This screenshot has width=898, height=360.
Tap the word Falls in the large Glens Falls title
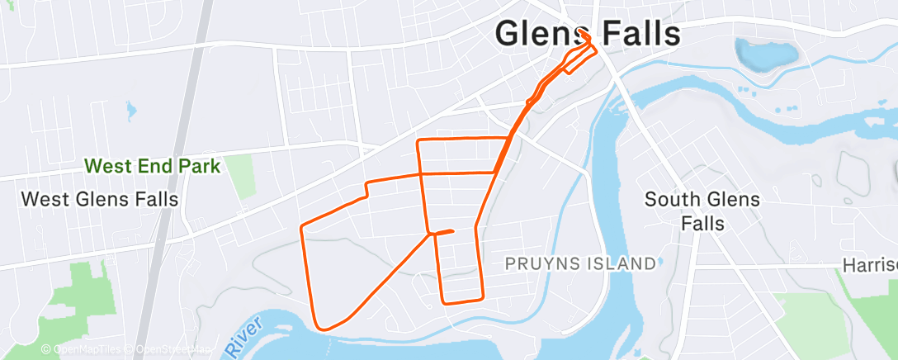point(636,35)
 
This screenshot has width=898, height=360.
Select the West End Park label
point(153,167)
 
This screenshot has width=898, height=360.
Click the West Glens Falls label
point(99,199)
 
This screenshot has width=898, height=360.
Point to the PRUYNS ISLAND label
point(581,264)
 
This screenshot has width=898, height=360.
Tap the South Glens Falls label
point(702,211)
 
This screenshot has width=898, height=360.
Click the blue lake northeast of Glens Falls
point(767,54)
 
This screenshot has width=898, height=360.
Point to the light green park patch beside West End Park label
point(240,177)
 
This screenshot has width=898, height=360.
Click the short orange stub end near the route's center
point(453,231)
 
